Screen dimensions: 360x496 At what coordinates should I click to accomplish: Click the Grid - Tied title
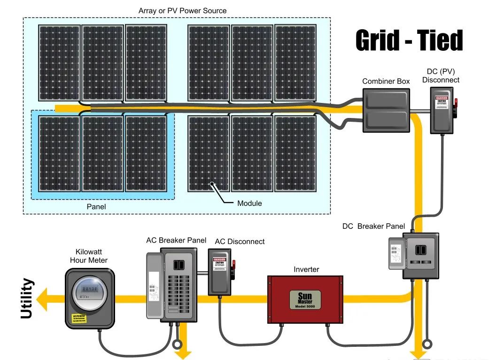click(x=409, y=40)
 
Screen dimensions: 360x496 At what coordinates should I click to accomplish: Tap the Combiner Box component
click(x=387, y=111)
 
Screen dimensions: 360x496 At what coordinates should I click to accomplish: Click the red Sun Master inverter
click(x=305, y=299)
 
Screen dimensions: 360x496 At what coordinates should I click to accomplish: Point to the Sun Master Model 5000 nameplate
click(x=305, y=300)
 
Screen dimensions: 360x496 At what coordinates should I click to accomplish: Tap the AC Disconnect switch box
click(x=221, y=272)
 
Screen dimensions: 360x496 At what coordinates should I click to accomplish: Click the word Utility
click(x=28, y=299)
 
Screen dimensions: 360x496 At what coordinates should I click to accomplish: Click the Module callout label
click(x=249, y=203)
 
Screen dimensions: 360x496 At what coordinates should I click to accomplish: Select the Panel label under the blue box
click(x=96, y=206)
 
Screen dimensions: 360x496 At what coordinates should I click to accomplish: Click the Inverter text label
click(x=306, y=269)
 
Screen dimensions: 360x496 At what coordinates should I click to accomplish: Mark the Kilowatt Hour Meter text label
click(x=89, y=256)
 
